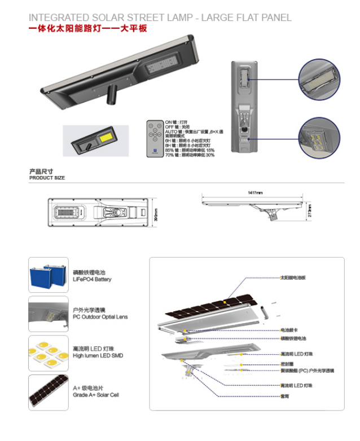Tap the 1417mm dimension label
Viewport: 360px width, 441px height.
255,193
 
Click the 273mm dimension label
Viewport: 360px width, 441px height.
309,212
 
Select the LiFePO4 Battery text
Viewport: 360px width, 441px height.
92,279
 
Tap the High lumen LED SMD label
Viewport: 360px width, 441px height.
98,355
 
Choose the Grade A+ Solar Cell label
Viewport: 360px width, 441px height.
95,395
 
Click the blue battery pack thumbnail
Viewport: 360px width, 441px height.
48,275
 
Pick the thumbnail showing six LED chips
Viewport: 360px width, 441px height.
48,353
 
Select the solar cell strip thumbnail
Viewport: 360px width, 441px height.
48,393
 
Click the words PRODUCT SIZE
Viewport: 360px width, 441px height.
47,178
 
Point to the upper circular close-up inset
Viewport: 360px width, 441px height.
319,80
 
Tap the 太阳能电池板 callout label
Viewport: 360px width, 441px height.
293,278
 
